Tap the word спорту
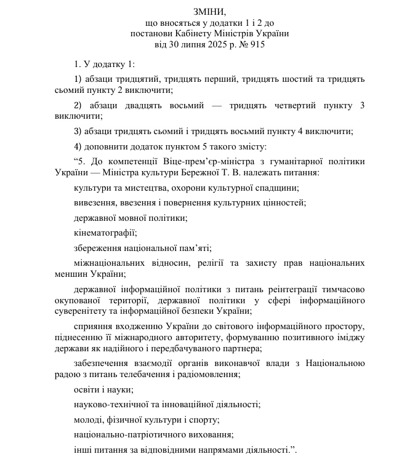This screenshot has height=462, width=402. pos(206,419)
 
